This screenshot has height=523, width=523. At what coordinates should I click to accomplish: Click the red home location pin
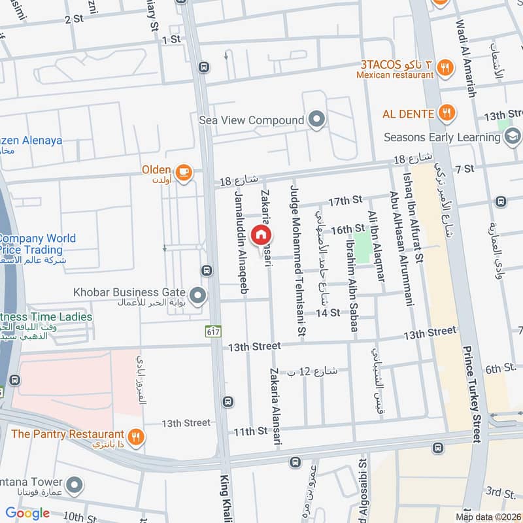click(x=261, y=233)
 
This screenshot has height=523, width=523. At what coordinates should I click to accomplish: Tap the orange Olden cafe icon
click(x=184, y=171)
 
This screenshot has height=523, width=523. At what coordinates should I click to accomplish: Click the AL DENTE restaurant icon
click(x=447, y=112)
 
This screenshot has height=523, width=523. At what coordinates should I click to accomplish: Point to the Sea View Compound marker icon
click(x=317, y=120)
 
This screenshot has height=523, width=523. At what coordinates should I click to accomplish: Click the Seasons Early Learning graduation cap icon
click(x=513, y=137)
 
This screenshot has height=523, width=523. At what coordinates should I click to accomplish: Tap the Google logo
click(x=27, y=513)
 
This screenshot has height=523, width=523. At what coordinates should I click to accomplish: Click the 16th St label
click(x=346, y=230)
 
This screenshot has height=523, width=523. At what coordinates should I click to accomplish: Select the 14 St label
click(x=328, y=313)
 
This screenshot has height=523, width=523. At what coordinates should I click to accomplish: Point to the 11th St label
click(x=251, y=431)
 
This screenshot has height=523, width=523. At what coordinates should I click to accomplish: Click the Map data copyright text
click(x=488, y=516)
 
